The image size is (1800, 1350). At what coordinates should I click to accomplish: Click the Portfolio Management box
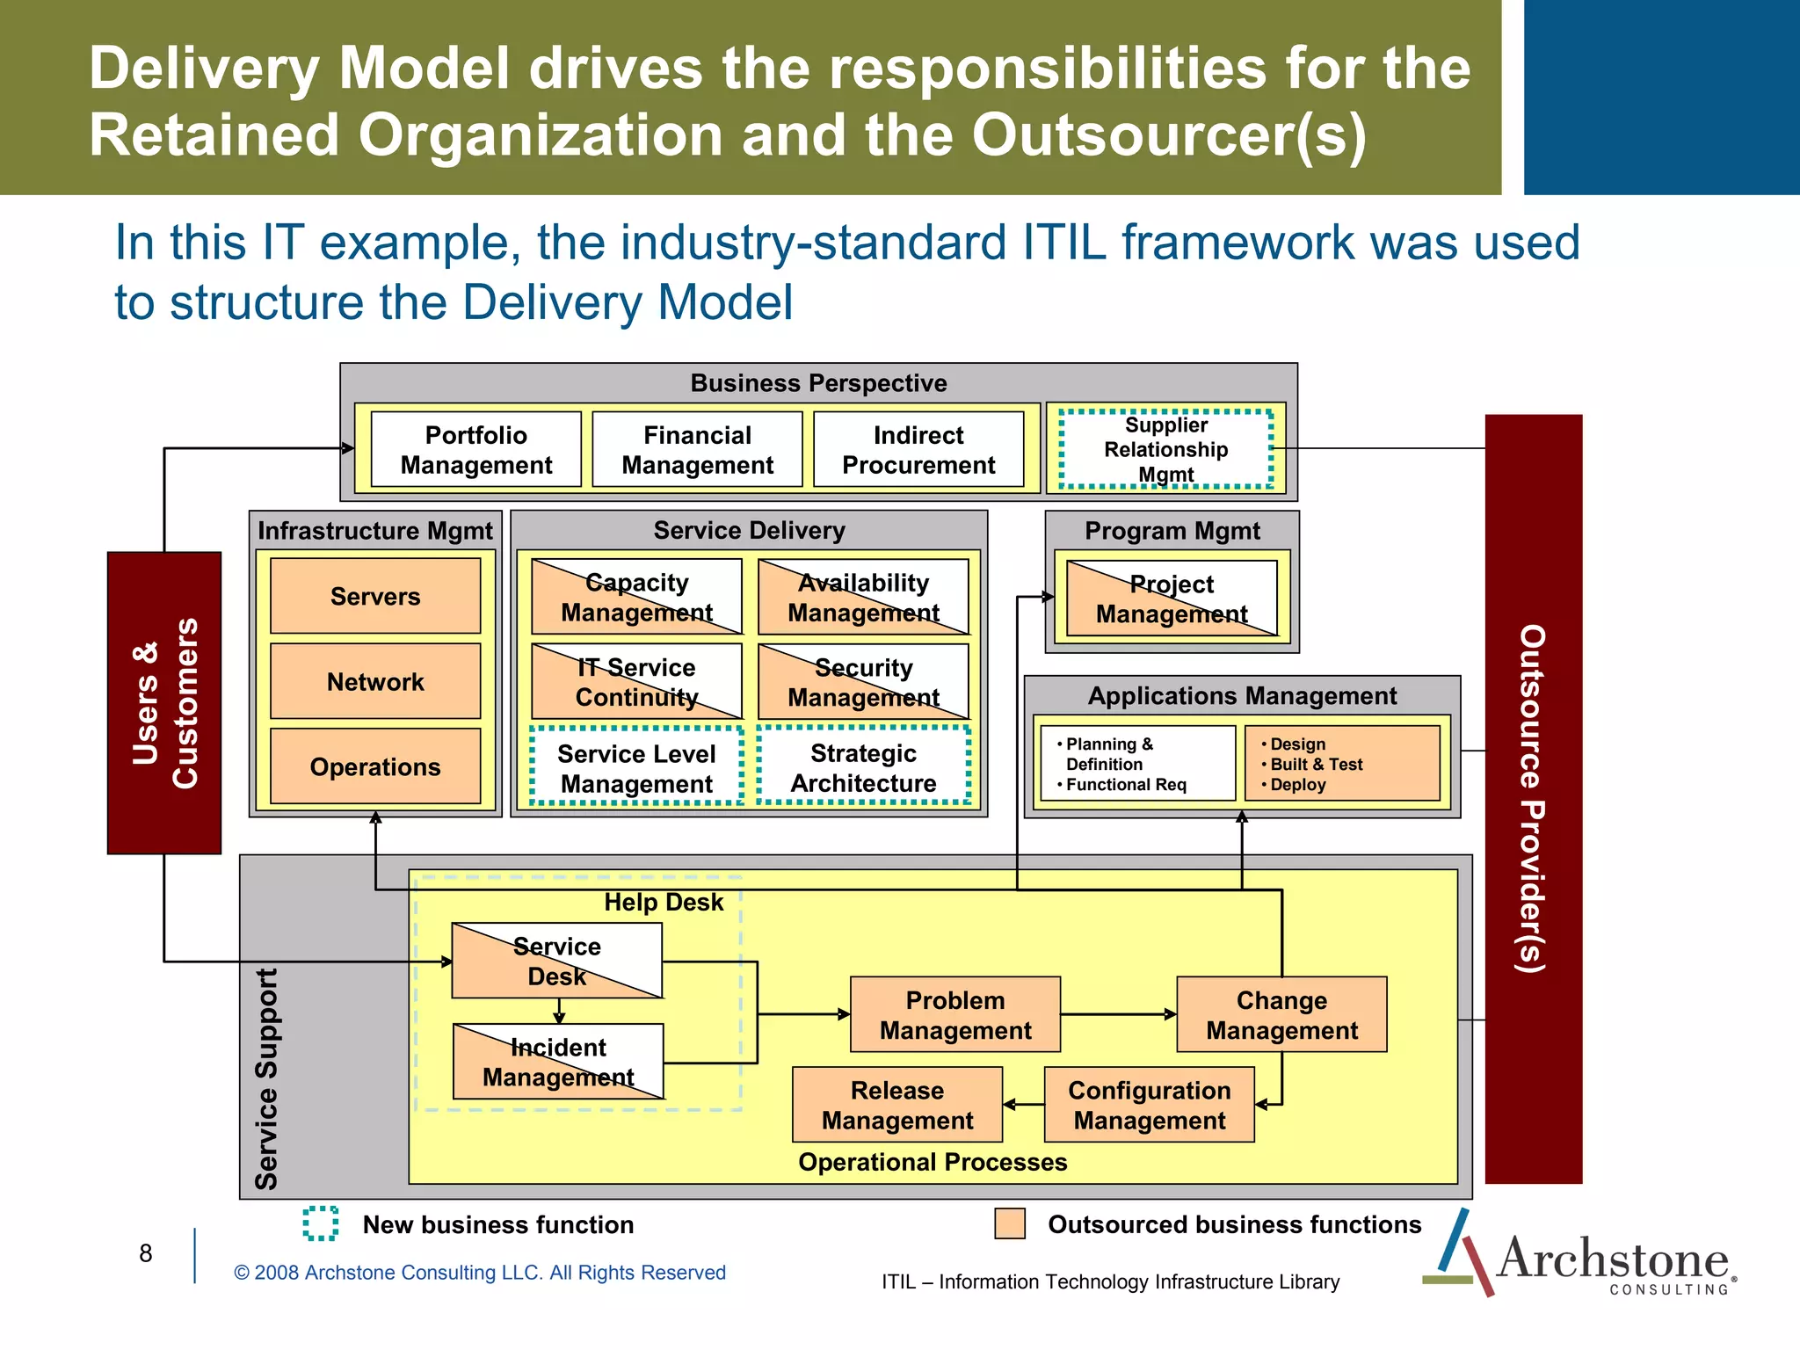coord(475,449)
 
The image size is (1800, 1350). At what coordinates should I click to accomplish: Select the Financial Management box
coord(697,449)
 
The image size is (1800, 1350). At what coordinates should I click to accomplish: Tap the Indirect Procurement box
coord(918,449)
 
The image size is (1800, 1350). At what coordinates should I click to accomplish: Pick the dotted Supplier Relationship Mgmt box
coord(1165,449)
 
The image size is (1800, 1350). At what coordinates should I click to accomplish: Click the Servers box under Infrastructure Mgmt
coord(375,596)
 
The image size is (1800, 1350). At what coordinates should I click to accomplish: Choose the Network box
coord(375,681)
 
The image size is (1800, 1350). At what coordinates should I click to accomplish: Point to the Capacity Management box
coord(637,597)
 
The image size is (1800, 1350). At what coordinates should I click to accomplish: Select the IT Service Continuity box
coord(637,681)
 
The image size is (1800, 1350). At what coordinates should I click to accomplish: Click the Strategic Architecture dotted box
coord(863,766)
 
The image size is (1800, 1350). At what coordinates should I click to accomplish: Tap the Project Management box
coord(1172,599)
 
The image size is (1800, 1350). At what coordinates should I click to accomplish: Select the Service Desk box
coord(556,961)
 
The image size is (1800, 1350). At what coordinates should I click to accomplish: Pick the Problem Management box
coord(955,1014)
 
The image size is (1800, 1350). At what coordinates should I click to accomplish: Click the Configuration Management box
coord(1149,1105)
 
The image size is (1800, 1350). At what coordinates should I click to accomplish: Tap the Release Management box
coord(897,1105)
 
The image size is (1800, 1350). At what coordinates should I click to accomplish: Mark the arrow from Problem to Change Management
coord(1118,1014)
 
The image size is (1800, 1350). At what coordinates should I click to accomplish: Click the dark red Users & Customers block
coord(164,703)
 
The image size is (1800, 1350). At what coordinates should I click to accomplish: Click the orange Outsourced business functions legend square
coord(1010,1223)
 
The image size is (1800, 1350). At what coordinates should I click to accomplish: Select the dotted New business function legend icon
coord(321,1223)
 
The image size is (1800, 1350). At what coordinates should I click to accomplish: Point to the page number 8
coord(146,1253)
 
